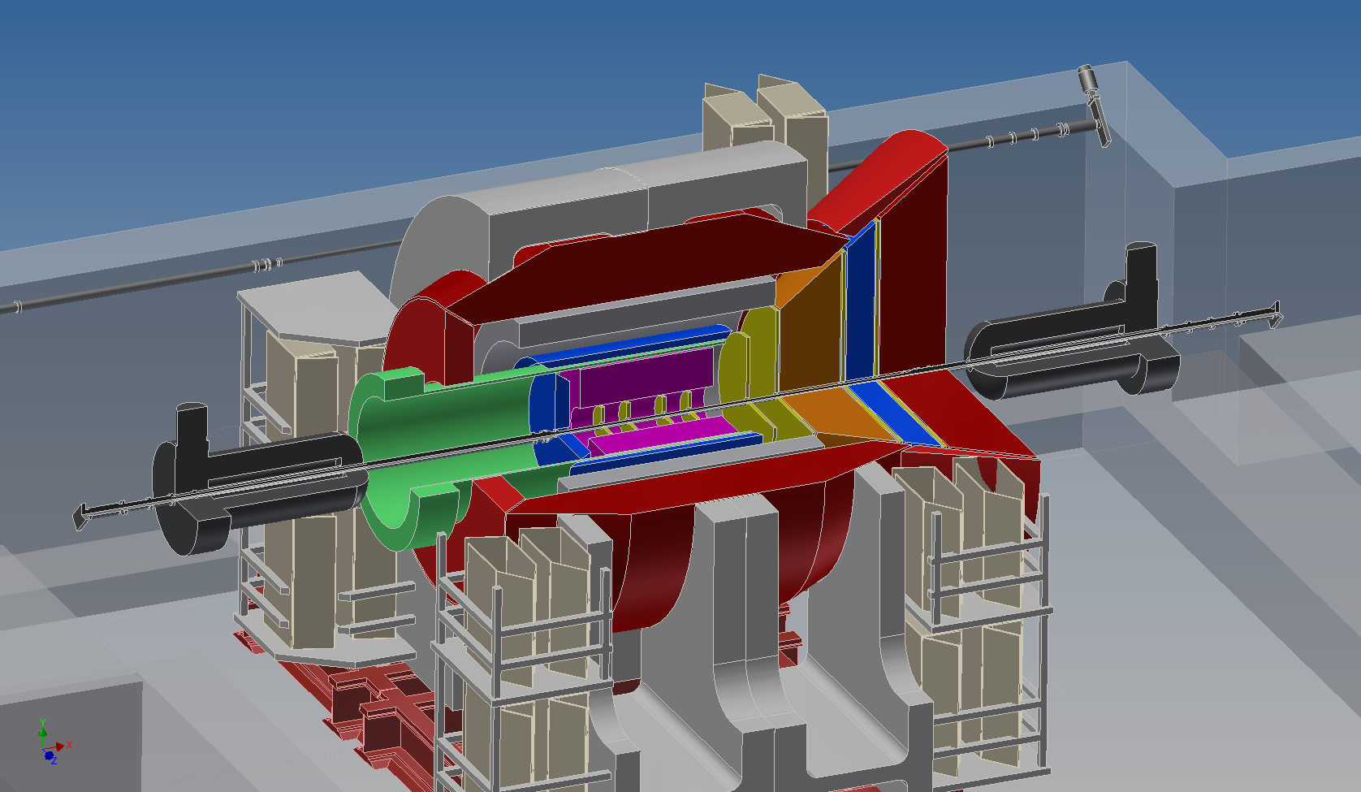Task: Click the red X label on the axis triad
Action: [x=69, y=745]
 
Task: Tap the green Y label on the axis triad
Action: [x=42, y=722]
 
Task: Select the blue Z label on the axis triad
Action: [x=54, y=760]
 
